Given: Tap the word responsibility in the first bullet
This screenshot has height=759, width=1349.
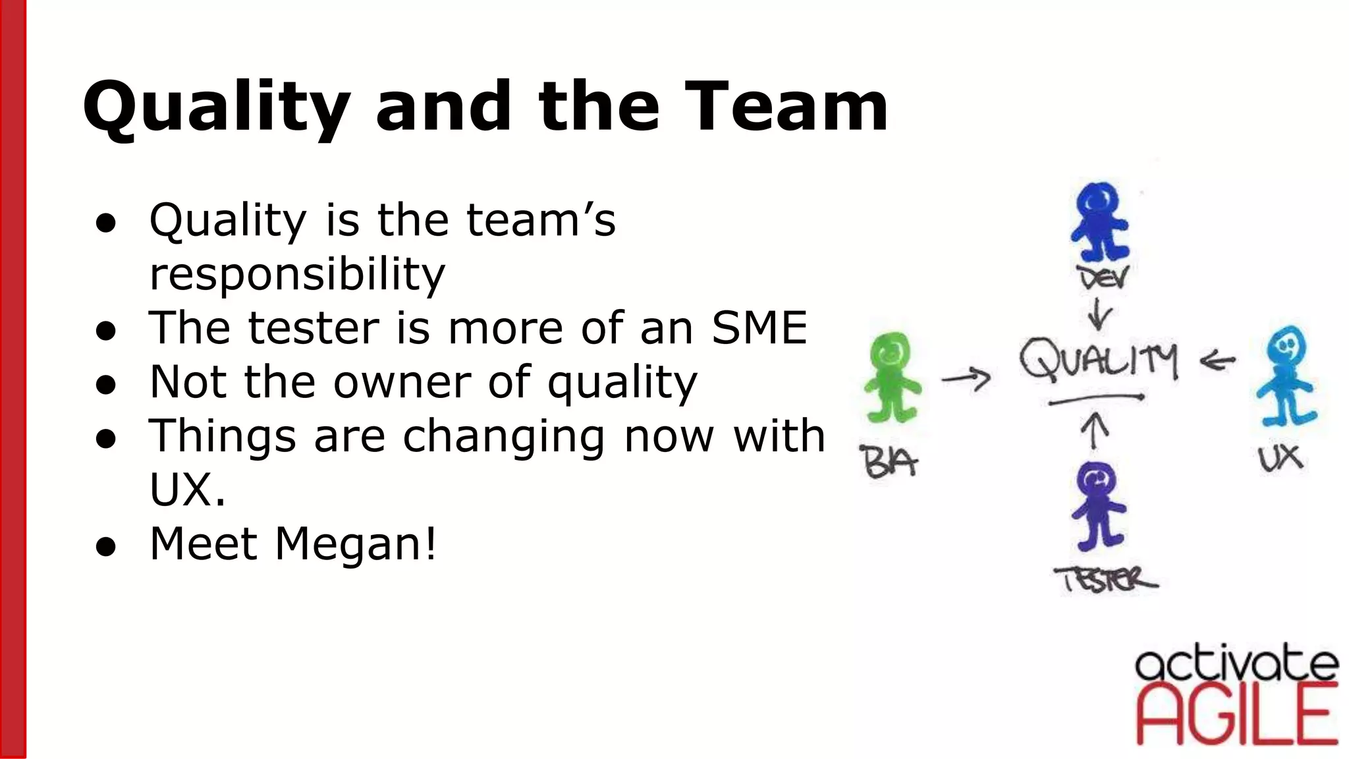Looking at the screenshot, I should click(297, 274).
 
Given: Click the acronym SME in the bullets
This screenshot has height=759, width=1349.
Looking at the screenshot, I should click(759, 327).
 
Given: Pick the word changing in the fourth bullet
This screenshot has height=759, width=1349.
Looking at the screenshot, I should click(504, 436).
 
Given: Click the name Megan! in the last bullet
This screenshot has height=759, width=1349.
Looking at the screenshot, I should click(356, 544).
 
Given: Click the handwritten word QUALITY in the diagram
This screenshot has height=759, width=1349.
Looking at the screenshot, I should click(1098, 360).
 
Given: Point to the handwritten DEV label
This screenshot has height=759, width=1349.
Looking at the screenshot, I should click(1103, 278).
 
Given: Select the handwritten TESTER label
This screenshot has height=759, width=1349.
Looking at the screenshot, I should click(1106, 580).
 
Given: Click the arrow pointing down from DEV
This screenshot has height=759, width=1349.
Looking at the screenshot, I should click(1099, 314).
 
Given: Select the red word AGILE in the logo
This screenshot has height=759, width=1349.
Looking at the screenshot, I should click(1237, 715).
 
